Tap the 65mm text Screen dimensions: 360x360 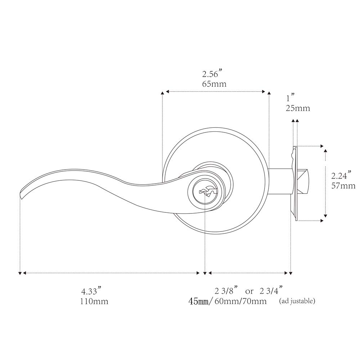(214, 84)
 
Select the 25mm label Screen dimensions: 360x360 (298, 108)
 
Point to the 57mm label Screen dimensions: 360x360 (343, 185)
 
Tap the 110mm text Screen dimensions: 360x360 (94, 301)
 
